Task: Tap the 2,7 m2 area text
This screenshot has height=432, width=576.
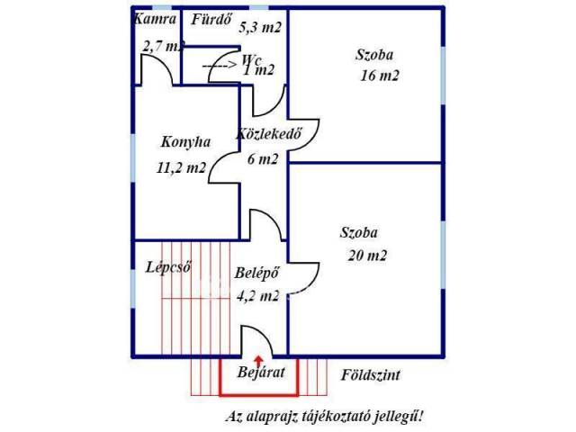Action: (x=163, y=45)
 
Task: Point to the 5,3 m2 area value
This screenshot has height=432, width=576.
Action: (x=260, y=27)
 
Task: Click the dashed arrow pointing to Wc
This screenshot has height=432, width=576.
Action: (x=219, y=65)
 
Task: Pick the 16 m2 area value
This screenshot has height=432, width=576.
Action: (x=378, y=76)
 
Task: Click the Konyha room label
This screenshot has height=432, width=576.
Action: (x=185, y=141)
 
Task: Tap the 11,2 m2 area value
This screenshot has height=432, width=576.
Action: (x=183, y=167)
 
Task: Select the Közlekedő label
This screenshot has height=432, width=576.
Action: (x=267, y=134)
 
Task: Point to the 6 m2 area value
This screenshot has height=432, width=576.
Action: (x=263, y=158)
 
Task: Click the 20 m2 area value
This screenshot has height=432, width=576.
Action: (x=366, y=256)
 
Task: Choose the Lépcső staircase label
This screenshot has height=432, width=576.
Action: (x=168, y=266)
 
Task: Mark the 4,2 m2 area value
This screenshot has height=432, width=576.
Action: (x=256, y=294)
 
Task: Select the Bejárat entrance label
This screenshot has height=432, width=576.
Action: (x=261, y=373)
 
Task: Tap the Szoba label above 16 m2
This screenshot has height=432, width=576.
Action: (x=376, y=54)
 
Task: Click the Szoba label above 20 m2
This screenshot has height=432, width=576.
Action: (x=359, y=231)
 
